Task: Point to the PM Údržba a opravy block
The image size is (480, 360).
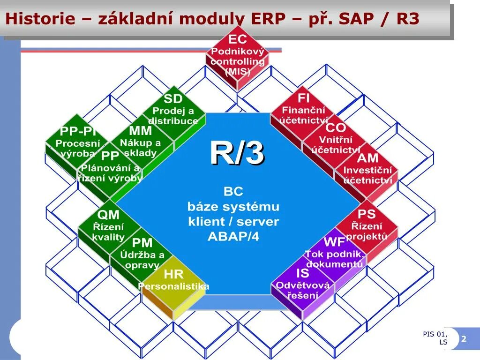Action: (142, 254)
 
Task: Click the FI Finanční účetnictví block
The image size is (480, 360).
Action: (303, 110)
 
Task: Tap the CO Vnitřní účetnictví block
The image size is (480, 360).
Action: (336, 139)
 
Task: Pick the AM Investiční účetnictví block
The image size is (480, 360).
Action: (367, 169)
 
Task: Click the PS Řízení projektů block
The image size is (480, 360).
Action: (367, 225)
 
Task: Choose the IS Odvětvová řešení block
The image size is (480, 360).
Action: (303, 284)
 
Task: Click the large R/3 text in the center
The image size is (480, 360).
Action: (237, 153)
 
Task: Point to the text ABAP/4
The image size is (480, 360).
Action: (233, 236)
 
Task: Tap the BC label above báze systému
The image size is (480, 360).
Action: (233, 191)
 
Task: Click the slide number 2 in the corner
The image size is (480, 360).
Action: (464, 339)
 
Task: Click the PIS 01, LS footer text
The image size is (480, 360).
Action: (436, 338)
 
